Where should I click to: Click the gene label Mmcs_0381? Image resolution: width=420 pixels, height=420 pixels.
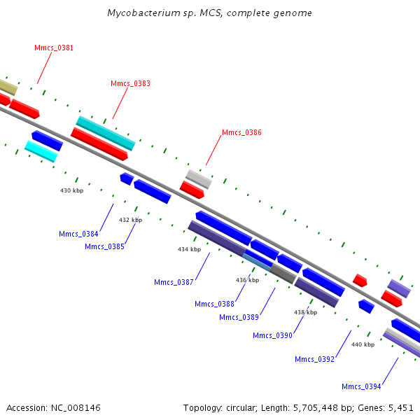[54, 48]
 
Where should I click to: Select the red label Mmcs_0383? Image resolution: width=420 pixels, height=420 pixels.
[130, 83]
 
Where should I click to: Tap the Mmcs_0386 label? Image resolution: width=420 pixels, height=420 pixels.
[242, 132]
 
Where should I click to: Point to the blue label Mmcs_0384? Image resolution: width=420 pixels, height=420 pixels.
[78, 234]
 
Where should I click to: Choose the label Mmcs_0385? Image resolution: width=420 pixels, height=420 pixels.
[104, 246]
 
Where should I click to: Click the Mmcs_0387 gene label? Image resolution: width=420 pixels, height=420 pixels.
[174, 282]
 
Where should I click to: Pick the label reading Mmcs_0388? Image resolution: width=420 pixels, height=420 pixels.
[215, 304]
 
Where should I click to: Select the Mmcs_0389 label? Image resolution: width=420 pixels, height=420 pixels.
[239, 317]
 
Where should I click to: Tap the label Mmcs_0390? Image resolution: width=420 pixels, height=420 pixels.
[273, 335]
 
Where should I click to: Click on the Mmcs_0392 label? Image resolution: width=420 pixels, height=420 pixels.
[315, 359]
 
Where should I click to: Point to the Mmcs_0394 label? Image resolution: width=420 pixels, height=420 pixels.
[361, 386]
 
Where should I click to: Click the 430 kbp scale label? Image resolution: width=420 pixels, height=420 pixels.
[72, 190]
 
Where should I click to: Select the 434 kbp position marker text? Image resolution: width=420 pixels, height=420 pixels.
[190, 249]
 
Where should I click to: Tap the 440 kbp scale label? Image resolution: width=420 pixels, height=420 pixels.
[363, 344]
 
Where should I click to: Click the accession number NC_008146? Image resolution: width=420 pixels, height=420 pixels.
[76, 408]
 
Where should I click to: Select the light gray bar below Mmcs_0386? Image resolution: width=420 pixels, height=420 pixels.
[199, 179]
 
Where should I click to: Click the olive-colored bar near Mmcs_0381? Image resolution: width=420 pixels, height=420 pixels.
[8, 87]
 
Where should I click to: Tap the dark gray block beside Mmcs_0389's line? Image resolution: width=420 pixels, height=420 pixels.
[283, 274]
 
